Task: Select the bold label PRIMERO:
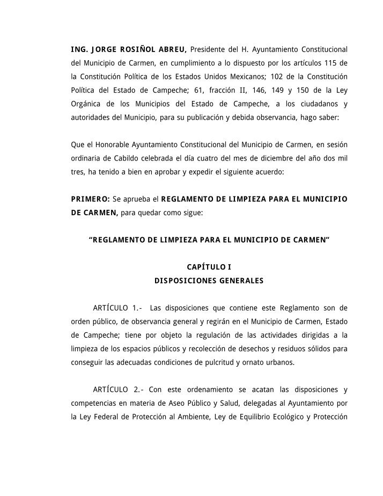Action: [x=91, y=199]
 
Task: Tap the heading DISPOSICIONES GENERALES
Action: [x=209, y=280]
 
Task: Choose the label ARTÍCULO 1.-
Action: [x=117, y=308]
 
